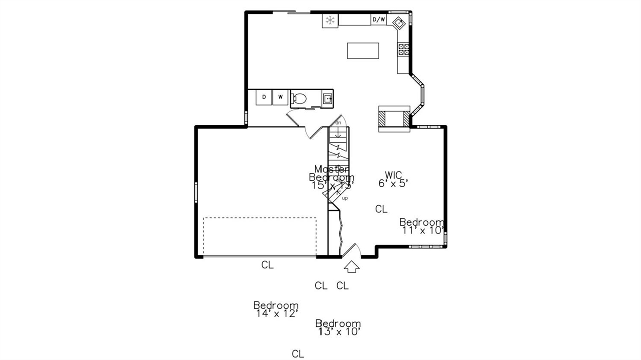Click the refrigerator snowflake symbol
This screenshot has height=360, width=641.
(330, 20)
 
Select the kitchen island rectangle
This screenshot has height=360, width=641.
(363, 51)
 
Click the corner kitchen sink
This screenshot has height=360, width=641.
(399, 23)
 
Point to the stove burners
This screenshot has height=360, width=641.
(403, 49)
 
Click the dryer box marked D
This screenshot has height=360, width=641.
(264, 97)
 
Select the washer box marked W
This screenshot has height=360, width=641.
(280, 97)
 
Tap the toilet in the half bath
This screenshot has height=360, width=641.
(299, 98)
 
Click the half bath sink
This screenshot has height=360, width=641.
(328, 98)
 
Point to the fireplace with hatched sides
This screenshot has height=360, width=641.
(394, 118)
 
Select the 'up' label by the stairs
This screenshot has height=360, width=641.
(345, 198)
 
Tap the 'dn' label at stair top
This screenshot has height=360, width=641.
(338, 122)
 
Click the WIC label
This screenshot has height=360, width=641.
(393, 175)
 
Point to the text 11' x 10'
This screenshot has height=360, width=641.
(423, 231)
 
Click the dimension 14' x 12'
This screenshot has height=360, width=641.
(276, 313)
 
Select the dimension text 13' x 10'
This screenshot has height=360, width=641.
(338, 331)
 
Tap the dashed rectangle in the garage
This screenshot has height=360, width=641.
(260, 237)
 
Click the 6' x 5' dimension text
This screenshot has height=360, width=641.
(394, 183)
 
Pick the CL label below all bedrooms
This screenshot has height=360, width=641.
(298, 354)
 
